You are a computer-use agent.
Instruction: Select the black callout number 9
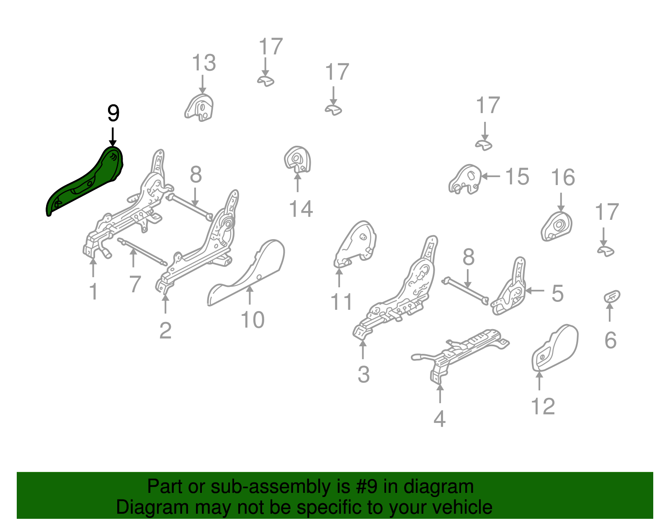click(x=113, y=113)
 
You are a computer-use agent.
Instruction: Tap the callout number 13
click(x=204, y=63)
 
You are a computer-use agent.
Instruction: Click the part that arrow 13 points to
click(x=200, y=108)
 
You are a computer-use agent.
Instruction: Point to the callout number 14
click(x=301, y=209)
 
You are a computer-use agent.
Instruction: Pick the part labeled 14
click(x=298, y=160)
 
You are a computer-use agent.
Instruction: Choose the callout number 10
click(x=253, y=320)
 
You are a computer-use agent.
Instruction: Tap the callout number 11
click(x=341, y=301)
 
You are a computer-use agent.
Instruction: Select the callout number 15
click(x=517, y=177)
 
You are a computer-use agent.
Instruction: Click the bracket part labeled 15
click(x=465, y=180)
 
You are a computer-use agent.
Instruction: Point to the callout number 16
click(x=563, y=178)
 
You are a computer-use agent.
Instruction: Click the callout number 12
click(x=543, y=406)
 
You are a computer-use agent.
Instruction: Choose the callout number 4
click(x=439, y=419)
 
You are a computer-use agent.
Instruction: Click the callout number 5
click(x=557, y=293)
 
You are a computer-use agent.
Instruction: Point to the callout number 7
click(x=134, y=284)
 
